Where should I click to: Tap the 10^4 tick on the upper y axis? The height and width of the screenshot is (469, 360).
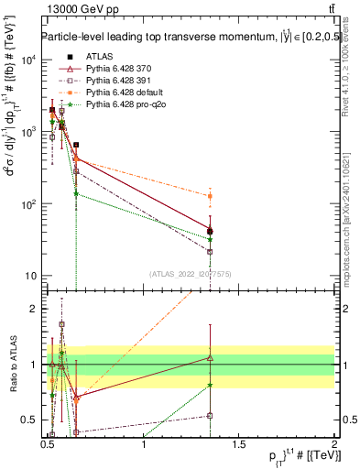[28, 60]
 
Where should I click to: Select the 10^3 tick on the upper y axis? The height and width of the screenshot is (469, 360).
[28, 132]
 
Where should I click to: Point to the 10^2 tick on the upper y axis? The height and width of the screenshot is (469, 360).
[28, 204]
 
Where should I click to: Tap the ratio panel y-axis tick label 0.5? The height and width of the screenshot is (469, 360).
[28, 420]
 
